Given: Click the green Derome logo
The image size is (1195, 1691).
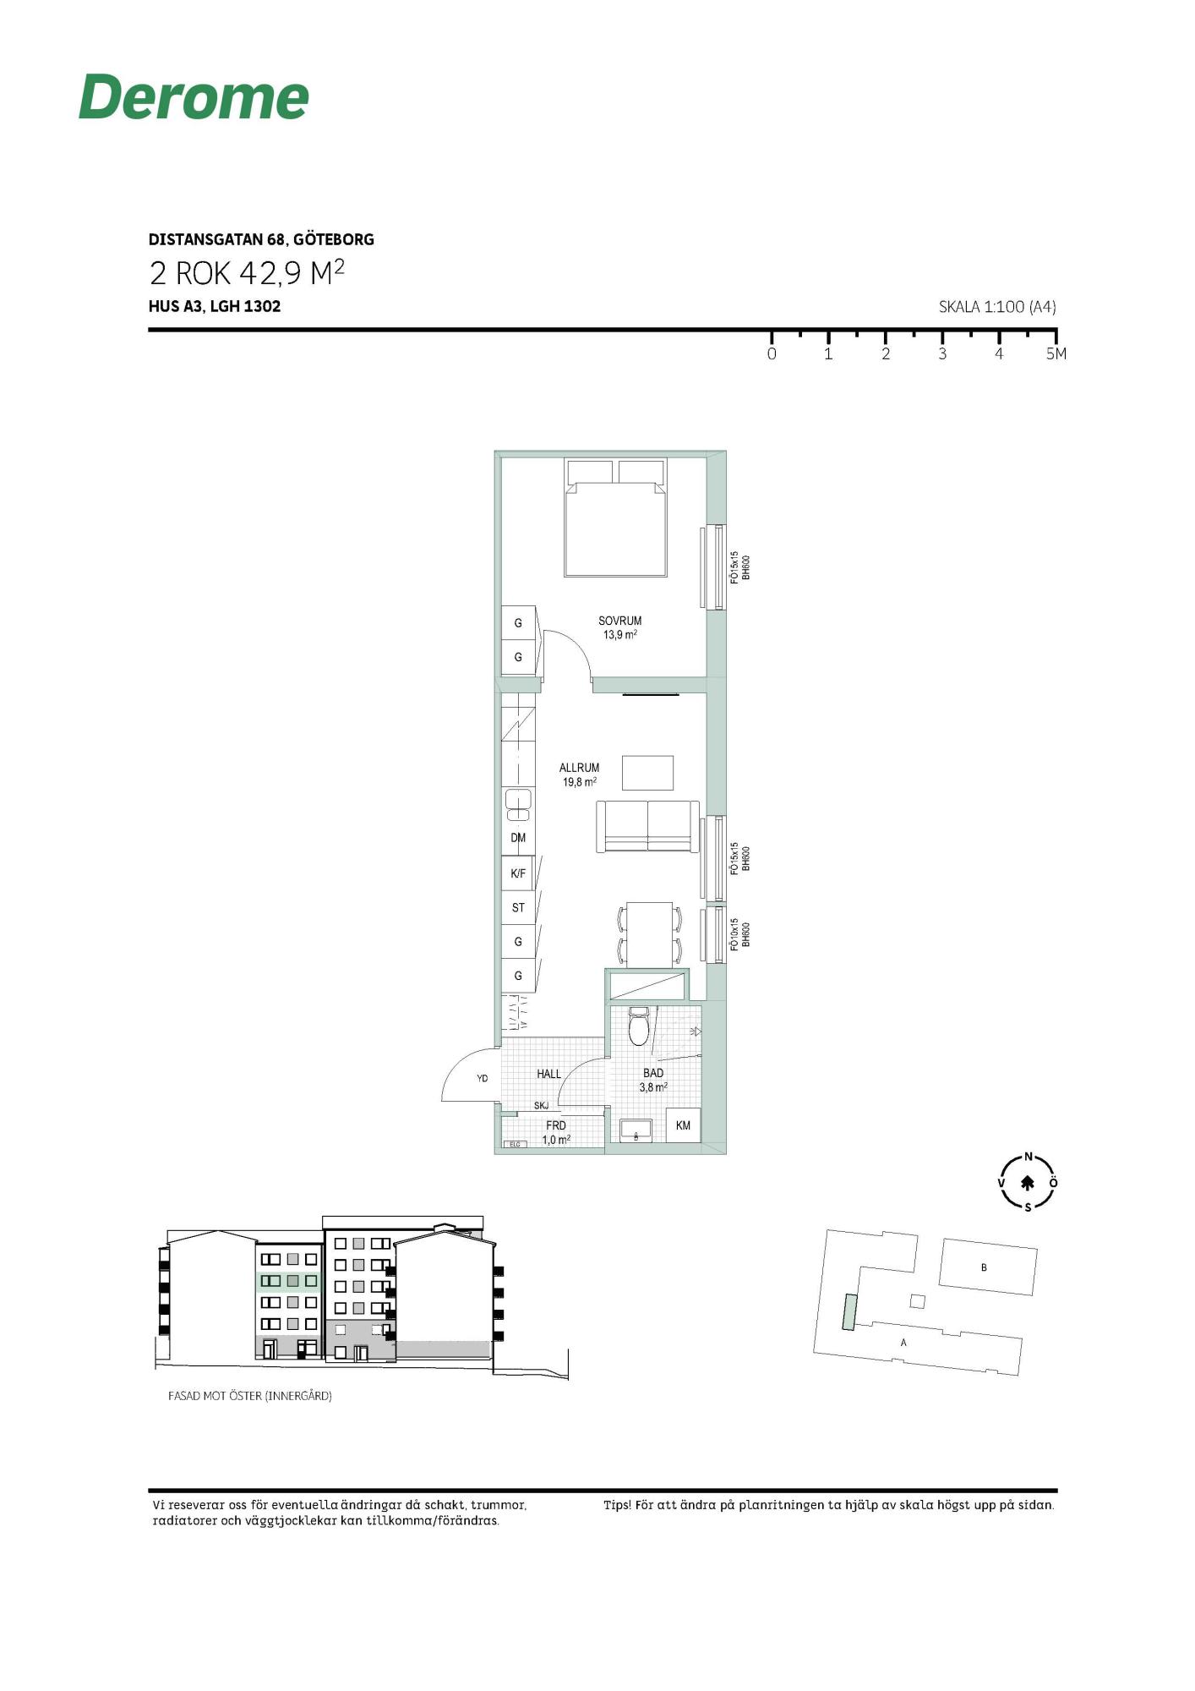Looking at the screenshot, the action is pyautogui.click(x=194, y=96).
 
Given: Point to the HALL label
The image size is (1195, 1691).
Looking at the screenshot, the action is pyautogui.click(x=548, y=1074).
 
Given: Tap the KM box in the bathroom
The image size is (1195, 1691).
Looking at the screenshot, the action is pyautogui.click(x=683, y=1125).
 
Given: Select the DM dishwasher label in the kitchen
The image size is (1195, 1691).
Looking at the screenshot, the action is pyautogui.click(x=518, y=838).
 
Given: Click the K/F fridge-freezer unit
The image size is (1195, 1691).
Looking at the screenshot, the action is pyautogui.click(x=518, y=873).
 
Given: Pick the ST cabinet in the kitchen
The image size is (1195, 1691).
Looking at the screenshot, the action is pyautogui.click(x=518, y=907).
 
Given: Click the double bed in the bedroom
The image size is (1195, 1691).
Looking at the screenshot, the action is pyautogui.click(x=615, y=518).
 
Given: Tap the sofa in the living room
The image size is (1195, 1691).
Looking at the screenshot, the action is pyautogui.click(x=648, y=826).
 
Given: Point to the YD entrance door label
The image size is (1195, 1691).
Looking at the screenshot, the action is pyautogui.click(x=482, y=1078).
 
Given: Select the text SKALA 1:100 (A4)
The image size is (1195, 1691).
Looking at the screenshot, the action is pyautogui.click(x=997, y=307).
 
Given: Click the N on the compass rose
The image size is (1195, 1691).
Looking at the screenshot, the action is pyautogui.click(x=1029, y=1157).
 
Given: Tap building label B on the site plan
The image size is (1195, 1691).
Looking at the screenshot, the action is pyautogui.click(x=984, y=1267).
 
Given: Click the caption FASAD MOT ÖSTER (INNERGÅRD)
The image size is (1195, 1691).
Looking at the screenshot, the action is pyautogui.click(x=250, y=1396).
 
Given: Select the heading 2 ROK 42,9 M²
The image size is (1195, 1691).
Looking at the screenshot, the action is pyautogui.click(x=247, y=272).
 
